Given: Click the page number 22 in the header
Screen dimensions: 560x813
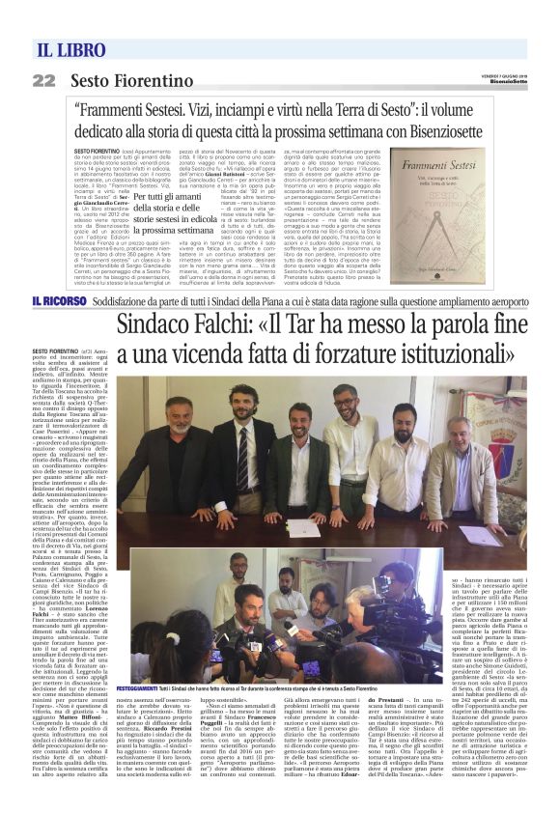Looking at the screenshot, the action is click(x=43, y=80).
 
